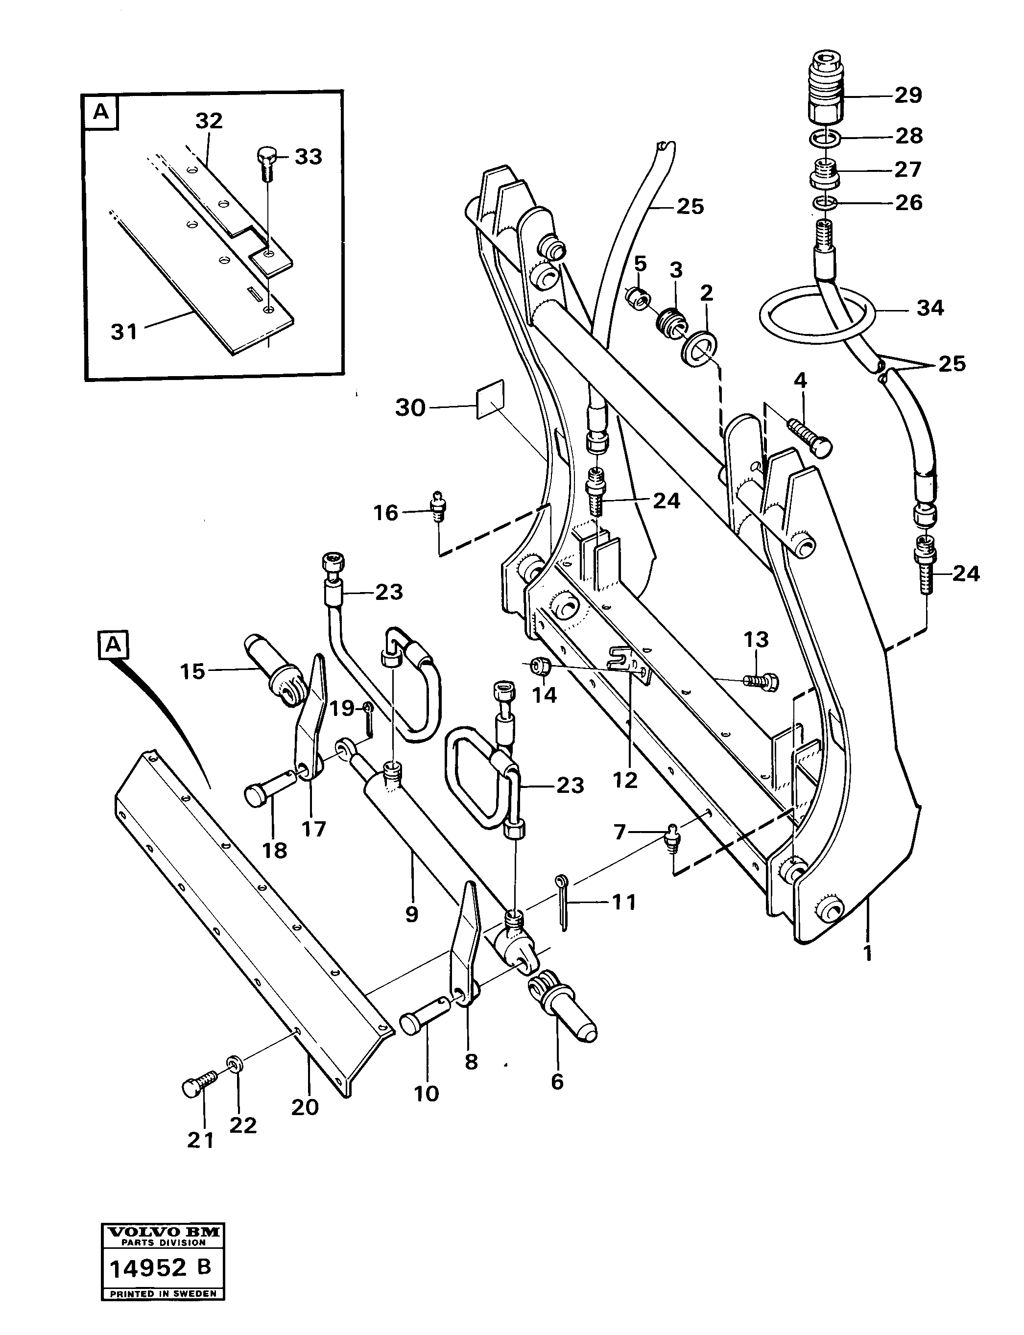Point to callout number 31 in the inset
124,332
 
